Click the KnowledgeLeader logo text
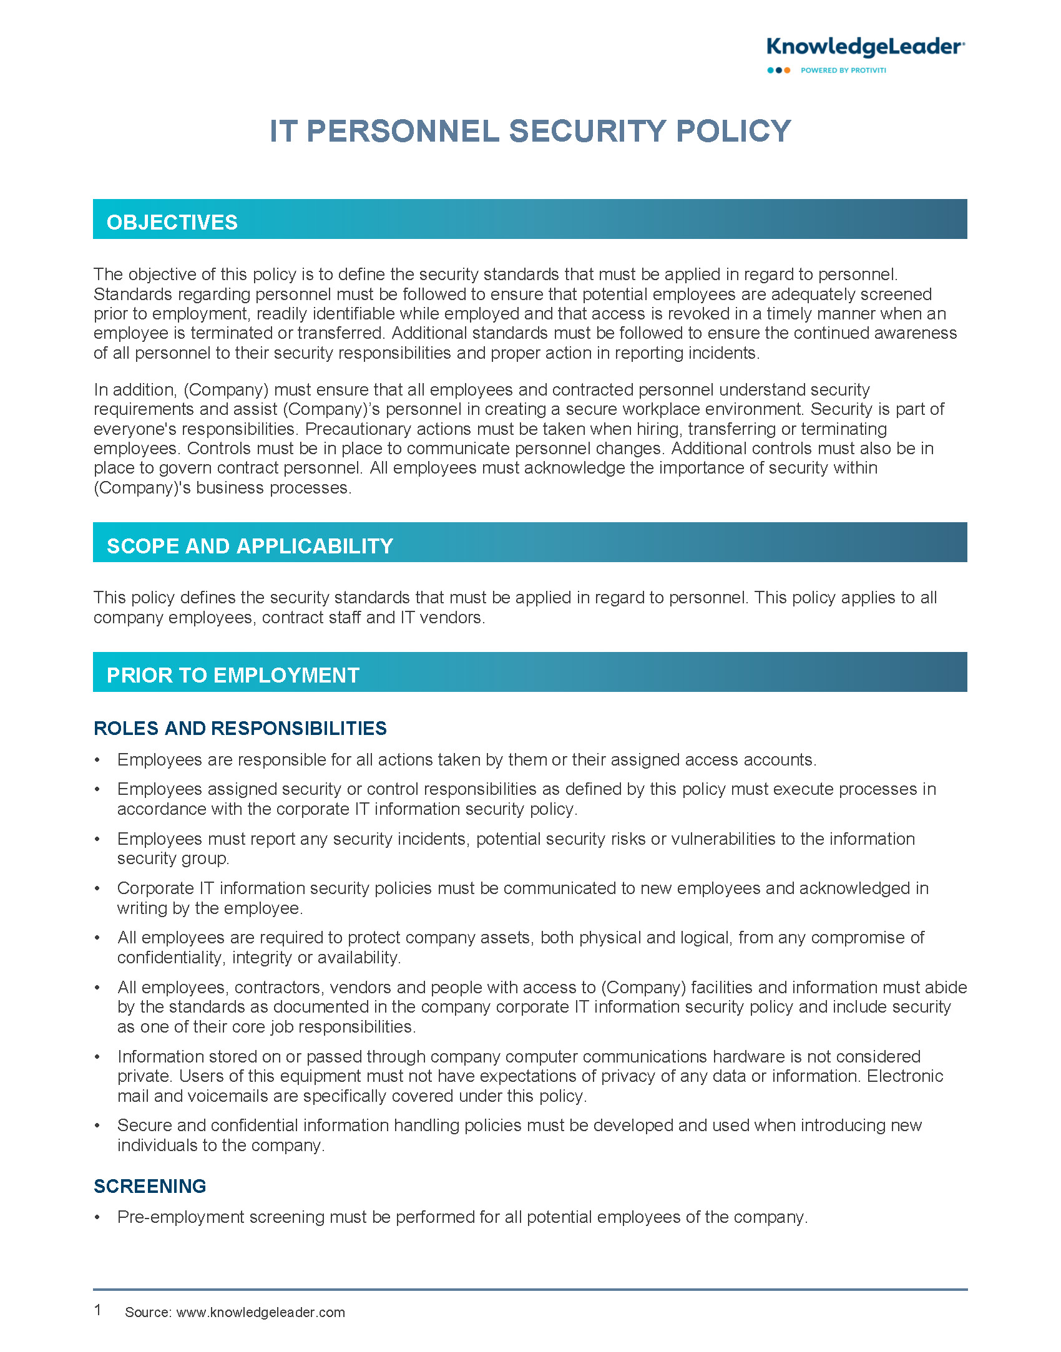click(x=865, y=47)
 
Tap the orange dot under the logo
click(x=787, y=71)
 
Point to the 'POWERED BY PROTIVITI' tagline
click(x=843, y=71)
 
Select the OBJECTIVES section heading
click(x=172, y=222)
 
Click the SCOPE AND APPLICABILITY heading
click(x=250, y=546)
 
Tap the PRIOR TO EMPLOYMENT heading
click(x=233, y=675)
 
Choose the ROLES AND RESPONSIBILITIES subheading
click(x=240, y=728)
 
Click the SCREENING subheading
click(x=150, y=1186)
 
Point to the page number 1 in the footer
click(x=98, y=1310)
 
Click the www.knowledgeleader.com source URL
click(x=260, y=1312)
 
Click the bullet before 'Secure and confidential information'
click(x=97, y=1126)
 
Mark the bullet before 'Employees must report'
click(x=97, y=840)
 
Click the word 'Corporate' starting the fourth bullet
click(x=155, y=888)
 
